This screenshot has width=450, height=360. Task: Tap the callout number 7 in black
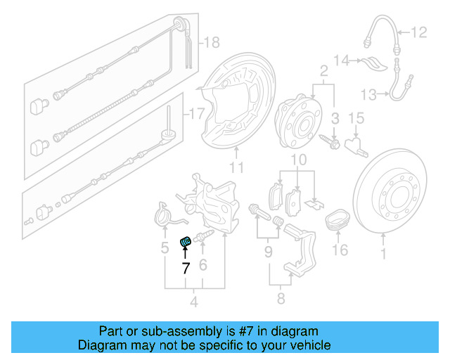186,268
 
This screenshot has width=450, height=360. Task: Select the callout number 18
212,43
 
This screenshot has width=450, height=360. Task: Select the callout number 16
340,250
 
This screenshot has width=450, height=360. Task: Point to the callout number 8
281,300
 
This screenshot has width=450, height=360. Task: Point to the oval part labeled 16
338,221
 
